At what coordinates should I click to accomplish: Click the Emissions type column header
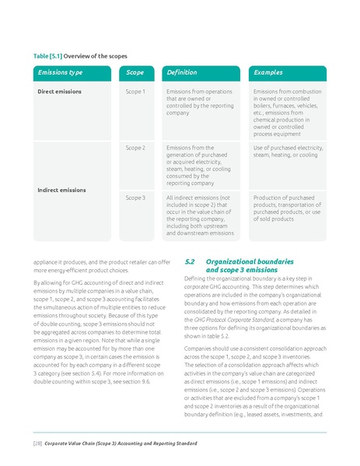[61, 72]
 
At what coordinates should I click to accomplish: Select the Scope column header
[135, 72]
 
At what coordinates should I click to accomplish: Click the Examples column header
[268, 72]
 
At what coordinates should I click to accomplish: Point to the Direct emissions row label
[60, 91]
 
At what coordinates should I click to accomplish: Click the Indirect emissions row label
[62, 190]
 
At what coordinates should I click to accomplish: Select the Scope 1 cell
[135, 91]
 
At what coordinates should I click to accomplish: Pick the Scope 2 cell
[135, 147]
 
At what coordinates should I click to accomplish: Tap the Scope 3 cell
[135, 198]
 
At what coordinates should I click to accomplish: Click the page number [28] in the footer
[37, 442]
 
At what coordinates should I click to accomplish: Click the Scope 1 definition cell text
[199, 102]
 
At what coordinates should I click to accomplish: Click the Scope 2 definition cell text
[199, 165]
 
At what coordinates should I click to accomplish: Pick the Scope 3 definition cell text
[200, 215]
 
